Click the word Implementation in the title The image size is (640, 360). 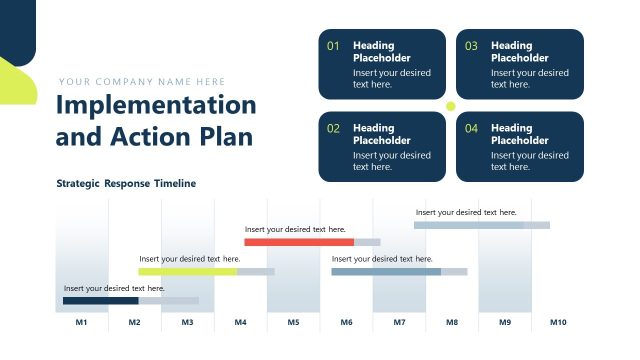[x=156, y=105]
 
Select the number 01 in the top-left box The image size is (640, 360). [x=334, y=46]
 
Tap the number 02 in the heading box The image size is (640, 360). [x=334, y=129]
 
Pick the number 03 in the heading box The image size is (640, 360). [x=471, y=46]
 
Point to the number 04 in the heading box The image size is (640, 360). [x=471, y=129]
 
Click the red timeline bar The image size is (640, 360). [x=299, y=242]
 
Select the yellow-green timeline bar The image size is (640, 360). [x=188, y=271]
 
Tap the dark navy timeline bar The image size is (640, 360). [x=100, y=300]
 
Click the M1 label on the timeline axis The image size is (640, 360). [x=82, y=323]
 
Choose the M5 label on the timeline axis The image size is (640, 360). [x=293, y=323]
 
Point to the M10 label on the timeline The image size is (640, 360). [x=557, y=323]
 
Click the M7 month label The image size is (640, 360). [x=399, y=323]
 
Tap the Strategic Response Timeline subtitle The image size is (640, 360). [x=126, y=184]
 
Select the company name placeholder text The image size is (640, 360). [x=142, y=82]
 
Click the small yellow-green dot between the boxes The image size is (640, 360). [x=450, y=106]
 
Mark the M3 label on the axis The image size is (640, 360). [x=187, y=323]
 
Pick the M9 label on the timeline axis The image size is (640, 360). [x=505, y=323]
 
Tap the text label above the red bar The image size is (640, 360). [x=296, y=230]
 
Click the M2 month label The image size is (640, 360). [x=134, y=323]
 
